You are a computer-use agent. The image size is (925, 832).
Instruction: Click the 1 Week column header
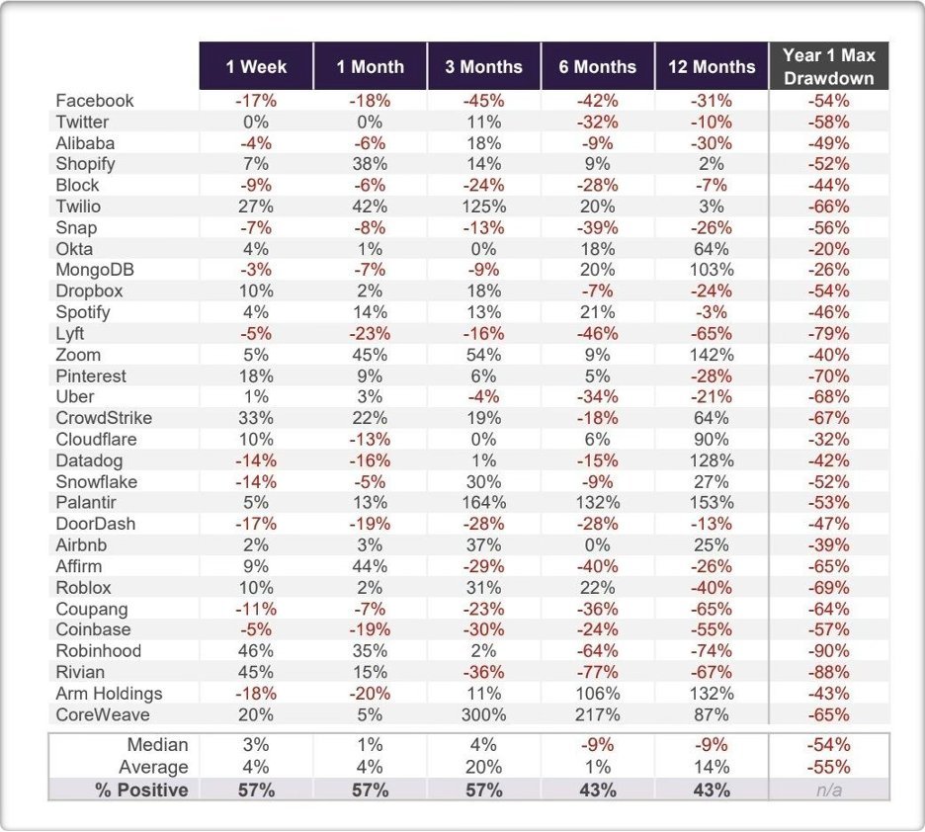(x=256, y=66)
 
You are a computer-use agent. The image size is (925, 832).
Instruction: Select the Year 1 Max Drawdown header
(x=829, y=66)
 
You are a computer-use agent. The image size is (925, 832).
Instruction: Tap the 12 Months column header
(x=712, y=66)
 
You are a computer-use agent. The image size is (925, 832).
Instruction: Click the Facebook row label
(x=95, y=101)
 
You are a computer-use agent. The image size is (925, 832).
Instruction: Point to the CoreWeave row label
(x=103, y=714)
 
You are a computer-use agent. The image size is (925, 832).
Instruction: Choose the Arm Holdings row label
(x=109, y=694)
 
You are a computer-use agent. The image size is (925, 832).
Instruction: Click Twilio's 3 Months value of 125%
(x=483, y=207)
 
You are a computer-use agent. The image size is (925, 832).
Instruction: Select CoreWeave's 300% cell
(x=483, y=714)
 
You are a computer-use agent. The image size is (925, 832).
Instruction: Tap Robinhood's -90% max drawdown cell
(x=829, y=651)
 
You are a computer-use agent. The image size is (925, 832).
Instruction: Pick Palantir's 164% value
(x=483, y=502)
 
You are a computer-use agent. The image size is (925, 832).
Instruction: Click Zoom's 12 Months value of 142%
(x=712, y=355)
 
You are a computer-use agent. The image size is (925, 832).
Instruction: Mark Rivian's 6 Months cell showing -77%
(x=598, y=672)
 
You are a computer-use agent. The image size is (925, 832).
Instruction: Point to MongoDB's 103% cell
(x=712, y=270)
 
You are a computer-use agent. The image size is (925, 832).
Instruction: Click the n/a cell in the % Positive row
(x=829, y=790)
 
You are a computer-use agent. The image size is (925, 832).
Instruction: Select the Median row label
(x=157, y=745)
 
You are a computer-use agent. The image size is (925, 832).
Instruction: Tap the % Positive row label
(x=141, y=790)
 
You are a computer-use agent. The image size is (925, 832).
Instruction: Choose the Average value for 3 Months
(x=483, y=767)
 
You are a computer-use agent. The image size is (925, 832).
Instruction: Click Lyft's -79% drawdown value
(x=829, y=334)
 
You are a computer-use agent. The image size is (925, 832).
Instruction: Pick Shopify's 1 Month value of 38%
(x=370, y=164)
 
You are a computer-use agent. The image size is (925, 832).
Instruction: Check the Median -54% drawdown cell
(x=829, y=745)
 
